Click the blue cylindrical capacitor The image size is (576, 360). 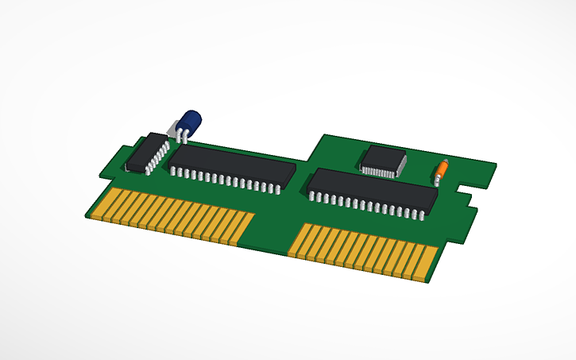(x=190, y=123)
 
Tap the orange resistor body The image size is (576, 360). (x=441, y=168)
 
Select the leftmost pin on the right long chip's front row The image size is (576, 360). (x=312, y=196)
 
